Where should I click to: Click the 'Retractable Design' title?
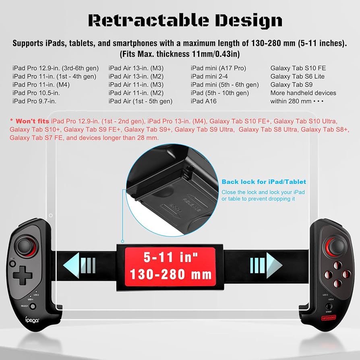[x=185, y=21]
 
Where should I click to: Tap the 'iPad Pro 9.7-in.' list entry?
[x=34, y=101]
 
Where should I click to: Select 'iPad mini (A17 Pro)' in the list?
[x=218, y=68]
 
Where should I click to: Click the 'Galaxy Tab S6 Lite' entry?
[x=297, y=77]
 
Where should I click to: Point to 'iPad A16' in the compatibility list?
[x=203, y=101]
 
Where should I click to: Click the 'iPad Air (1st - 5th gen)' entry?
[x=140, y=101]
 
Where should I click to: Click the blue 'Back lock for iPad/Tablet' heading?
[x=264, y=182]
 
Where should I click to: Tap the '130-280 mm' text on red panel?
[x=170, y=274]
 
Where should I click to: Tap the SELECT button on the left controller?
[x=33, y=306]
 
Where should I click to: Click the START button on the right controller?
[x=329, y=307]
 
